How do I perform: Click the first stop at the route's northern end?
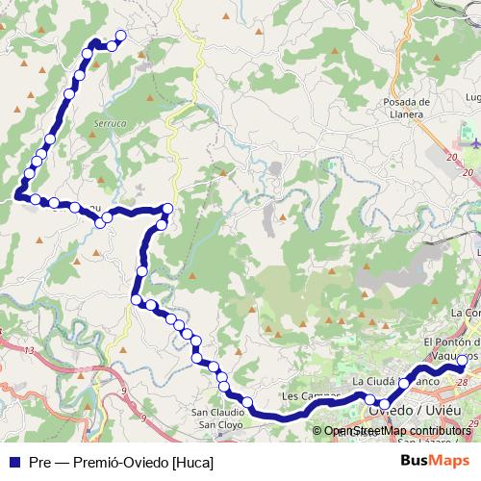[x=121, y=36]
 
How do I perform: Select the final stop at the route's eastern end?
[x=462, y=361]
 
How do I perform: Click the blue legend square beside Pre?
[x=14, y=462]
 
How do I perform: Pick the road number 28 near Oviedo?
[x=464, y=382]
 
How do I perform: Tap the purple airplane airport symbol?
[x=474, y=144]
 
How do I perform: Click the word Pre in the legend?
[x=39, y=462]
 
